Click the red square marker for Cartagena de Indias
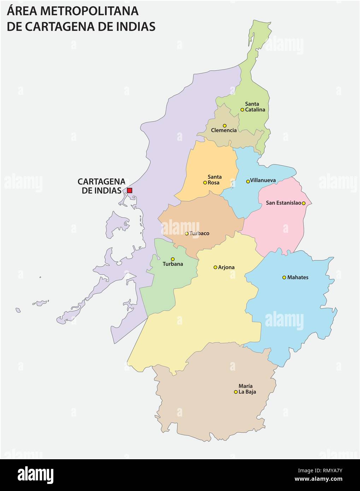(x=130, y=190)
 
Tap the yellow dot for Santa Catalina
(x=242, y=110)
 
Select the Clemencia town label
(x=224, y=130)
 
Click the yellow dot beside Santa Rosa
(x=205, y=183)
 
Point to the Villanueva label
(x=263, y=180)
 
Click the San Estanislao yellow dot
(x=303, y=203)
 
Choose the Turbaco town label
(x=199, y=233)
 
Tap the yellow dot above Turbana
(x=173, y=259)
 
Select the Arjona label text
(x=226, y=267)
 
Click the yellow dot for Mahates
(x=284, y=277)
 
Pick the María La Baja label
(x=247, y=389)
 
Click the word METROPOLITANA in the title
(x=89, y=11)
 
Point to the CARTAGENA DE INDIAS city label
(x=101, y=186)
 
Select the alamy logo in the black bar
(x=35, y=475)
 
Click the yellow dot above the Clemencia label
(x=224, y=125)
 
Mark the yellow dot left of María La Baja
(x=236, y=392)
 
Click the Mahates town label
(x=297, y=278)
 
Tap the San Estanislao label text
(x=283, y=203)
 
